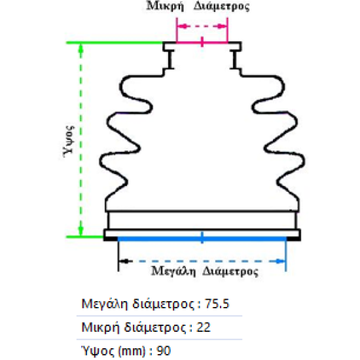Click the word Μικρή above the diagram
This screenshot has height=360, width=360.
pyautogui.click(x=165, y=7)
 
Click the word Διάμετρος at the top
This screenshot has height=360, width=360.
pyautogui.click(x=221, y=7)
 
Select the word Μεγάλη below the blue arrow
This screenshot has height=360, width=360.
pyautogui.click(x=173, y=271)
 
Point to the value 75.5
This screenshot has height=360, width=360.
pyautogui.click(x=217, y=304)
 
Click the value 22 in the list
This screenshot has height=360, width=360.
pyautogui.click(x=204, y=327)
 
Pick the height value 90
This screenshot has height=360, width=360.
pyautogui.click(x=164, y=351)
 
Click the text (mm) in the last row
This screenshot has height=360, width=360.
pyautogui.click(x=132, y=351)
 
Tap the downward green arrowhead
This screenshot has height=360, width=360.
pyautogui.click(x=81, y=230)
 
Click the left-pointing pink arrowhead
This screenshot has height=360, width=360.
pyautogui.click(x=183, y=26)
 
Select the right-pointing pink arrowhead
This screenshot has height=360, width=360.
pyautogui.click(x=221, y=26)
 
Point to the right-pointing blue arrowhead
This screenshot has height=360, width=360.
pyautogui.click(x=281, y=261)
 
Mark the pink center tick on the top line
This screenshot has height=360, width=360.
pyautogui.click(x=202, y=41)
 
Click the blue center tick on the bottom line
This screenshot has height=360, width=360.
pyautogui.click(x=202, y=238)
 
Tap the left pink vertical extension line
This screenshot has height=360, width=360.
pyautogui.click(x=177, y=30)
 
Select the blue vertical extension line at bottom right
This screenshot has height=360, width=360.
pyautogui.click(x=286, y=254)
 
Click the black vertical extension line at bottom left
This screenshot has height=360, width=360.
pyautogui.click(x=118, y=254)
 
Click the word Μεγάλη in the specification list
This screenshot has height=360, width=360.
pyautogui.click(x=105, y=304)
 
